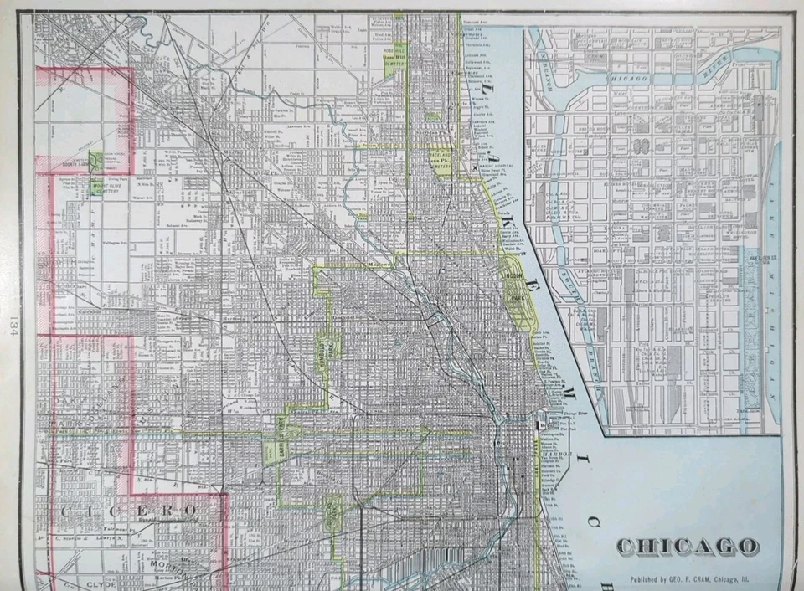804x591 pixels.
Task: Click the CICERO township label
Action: click(131, 509)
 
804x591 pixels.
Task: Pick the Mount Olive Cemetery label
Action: click(107, 189)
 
